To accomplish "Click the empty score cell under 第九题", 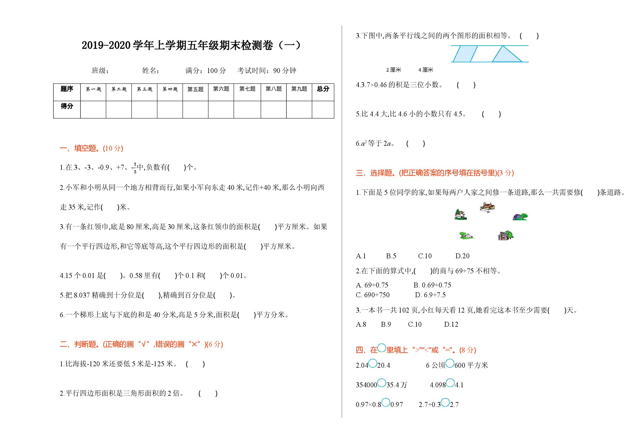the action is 299,109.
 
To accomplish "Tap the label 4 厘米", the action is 426,70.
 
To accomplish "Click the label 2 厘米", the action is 394,70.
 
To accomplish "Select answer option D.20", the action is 462,256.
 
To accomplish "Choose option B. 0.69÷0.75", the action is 432,285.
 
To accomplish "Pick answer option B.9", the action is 386,324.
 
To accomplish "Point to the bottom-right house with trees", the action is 505,235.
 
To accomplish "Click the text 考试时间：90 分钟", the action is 267,71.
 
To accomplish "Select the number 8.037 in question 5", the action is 82,295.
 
